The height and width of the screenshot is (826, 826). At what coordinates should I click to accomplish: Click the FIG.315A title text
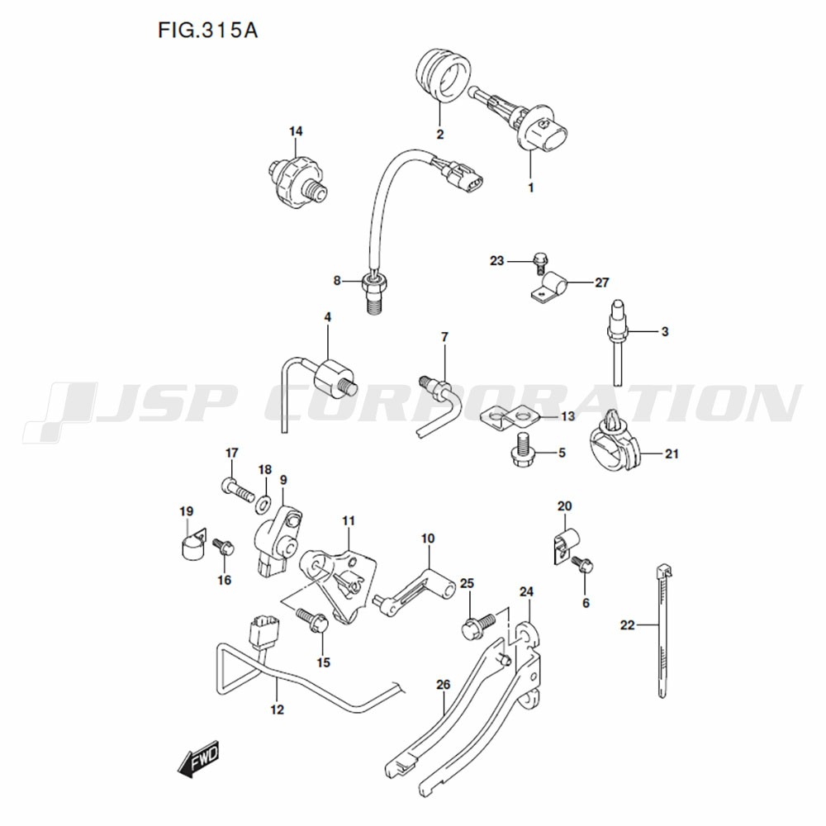point(207,31)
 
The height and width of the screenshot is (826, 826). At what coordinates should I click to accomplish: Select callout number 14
point(296,131)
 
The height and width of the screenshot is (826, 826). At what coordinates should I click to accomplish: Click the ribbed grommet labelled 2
point(443,75)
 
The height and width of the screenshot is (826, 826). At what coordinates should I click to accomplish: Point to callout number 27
point(601,282)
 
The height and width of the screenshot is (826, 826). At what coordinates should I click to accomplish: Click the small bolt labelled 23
point(539,263)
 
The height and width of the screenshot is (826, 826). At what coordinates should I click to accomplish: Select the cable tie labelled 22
point(662,631)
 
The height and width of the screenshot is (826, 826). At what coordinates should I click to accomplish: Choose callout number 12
point(277,710)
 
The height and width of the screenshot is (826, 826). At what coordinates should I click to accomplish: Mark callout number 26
point(444,684)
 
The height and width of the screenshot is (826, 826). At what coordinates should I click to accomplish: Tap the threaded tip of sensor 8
point(373,305)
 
